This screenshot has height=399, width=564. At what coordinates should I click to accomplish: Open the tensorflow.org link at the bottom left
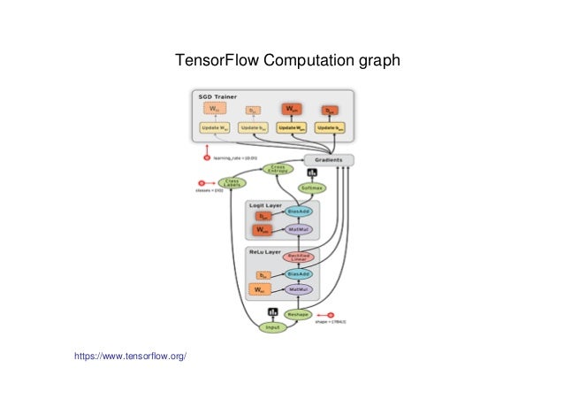point(132,356)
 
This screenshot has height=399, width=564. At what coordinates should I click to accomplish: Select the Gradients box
point(329,160)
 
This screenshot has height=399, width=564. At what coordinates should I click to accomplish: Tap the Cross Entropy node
point(278,169)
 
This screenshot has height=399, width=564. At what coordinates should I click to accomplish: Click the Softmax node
point(311,188)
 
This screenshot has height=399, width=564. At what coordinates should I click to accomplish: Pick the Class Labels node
point(232,182)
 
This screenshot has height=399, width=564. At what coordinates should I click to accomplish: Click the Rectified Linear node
point(299,257)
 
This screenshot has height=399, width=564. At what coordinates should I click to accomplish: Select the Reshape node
point(298,314)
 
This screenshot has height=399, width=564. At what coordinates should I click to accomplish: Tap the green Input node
point(272,327)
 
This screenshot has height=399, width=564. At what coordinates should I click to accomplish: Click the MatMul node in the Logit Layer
point(299,229)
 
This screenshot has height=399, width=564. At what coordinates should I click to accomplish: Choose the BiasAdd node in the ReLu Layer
point(299,274)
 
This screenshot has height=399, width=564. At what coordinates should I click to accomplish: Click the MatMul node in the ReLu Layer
point(299,289)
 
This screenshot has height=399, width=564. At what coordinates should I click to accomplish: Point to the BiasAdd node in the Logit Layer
point(299,212)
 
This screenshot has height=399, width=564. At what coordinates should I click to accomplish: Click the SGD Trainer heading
point(212,95)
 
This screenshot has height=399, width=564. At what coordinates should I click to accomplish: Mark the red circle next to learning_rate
point(208,158)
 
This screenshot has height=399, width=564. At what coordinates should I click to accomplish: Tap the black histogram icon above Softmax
point(311,173)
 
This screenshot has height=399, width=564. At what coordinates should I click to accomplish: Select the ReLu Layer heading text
point(263,251)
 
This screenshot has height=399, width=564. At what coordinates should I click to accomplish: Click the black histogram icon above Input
point(272,312)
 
